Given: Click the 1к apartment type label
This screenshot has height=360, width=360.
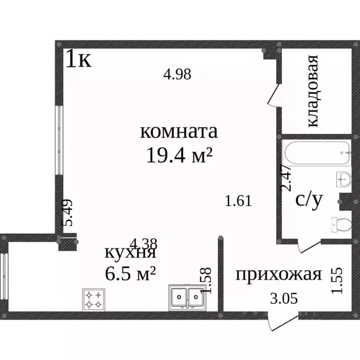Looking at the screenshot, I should click(x=78, y=60).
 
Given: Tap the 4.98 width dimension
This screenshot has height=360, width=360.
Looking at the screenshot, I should click(x=177, y=74).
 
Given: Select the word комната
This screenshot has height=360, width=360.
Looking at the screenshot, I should click(x=179, y=132).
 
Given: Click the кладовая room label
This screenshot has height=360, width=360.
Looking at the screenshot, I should click(x=313, y=91).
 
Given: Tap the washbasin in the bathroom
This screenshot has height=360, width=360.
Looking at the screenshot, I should click(x=344, y=180).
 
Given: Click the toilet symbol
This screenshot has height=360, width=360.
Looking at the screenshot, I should click(x=341, y=225).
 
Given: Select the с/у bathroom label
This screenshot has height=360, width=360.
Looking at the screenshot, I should click(x=309, y=200).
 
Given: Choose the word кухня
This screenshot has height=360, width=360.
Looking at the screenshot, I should click(x=129, y=253).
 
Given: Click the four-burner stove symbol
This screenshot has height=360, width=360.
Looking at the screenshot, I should click(x=93, y=299).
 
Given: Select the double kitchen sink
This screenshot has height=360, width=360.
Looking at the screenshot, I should click(x=187, y=298).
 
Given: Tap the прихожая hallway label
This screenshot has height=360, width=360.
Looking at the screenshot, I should click(x=278, y=274).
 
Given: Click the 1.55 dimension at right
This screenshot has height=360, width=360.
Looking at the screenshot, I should click(x=337, y=280).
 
